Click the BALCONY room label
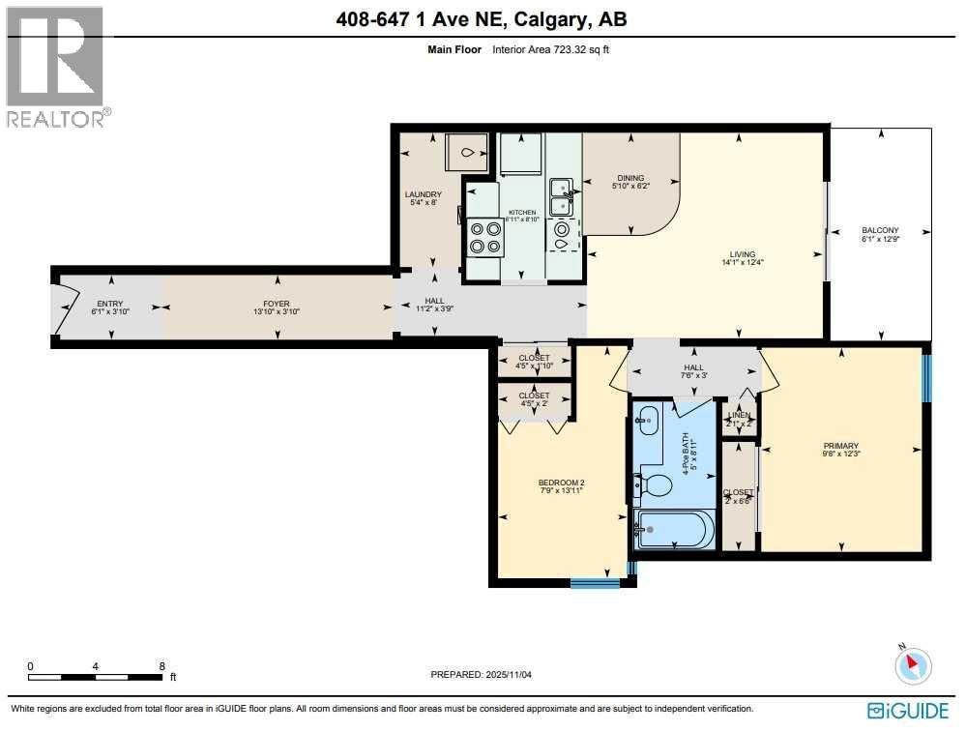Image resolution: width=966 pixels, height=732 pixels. pos(880,230)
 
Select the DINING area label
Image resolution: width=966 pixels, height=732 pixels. pos(631,178)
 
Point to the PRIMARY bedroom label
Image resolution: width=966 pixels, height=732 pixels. pos(840,446)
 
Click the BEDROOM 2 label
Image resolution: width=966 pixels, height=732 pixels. pos(562,483)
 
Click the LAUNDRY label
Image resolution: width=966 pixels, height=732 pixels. pos(424,194)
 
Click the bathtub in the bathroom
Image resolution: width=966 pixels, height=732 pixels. pos(675,530)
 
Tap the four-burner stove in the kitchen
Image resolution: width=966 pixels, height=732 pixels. pos(484,236)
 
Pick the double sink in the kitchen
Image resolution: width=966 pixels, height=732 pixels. pos(561,196)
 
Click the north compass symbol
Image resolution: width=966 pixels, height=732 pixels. pos(912,664)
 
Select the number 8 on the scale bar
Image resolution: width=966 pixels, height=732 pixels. pos(161,666)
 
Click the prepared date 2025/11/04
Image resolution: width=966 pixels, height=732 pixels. pos(512,675)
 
